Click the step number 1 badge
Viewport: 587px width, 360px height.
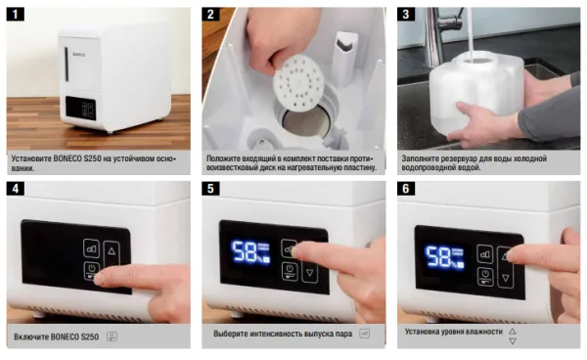coord(16,15)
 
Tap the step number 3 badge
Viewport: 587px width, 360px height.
coord(406,15)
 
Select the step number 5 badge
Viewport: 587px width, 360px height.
coord(210,188)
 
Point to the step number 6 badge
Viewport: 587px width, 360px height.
coord(406,188)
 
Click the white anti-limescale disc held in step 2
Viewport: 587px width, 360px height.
coord(298,83)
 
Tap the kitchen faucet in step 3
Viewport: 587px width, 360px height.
coord(442,33)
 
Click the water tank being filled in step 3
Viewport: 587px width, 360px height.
coord(475,89)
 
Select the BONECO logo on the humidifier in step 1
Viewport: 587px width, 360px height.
coord(78,55)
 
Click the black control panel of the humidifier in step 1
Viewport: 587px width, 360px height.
coord(81,109)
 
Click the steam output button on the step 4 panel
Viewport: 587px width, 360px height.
coord(91,248)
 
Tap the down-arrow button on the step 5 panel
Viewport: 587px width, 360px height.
coord(309,273)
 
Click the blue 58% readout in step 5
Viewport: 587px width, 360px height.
coord(250,252)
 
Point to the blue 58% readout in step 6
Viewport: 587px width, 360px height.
coord(444,257)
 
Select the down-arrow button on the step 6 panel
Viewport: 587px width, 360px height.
coord(506,277)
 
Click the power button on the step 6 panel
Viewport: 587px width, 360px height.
coord(485,276)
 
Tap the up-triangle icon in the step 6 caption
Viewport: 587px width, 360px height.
coord(512,332)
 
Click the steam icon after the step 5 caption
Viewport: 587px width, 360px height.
coord(364,334)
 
